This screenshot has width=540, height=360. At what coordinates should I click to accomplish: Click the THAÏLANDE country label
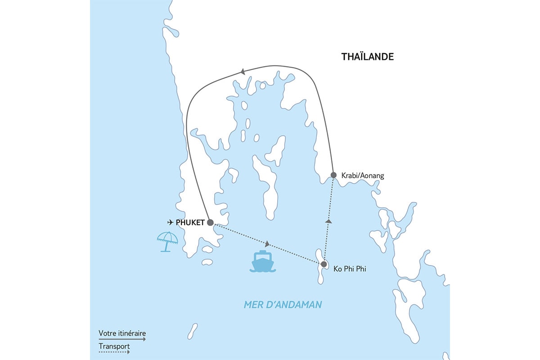368,57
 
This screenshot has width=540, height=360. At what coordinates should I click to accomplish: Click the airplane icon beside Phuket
170,222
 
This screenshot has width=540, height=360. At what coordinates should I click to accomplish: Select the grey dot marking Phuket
210,222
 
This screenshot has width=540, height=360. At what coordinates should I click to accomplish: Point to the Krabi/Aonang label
363,176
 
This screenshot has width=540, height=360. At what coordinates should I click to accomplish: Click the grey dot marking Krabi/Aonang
333,175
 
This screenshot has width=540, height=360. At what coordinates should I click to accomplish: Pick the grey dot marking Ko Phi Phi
324,264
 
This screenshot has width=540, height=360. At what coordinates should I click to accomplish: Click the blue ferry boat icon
262,261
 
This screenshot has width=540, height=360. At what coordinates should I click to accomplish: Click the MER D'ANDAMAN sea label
283,305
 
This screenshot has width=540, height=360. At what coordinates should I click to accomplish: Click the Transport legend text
114,346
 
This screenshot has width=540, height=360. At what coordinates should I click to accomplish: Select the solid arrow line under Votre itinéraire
122,340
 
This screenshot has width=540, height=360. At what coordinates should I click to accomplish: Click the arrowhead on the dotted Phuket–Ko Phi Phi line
268,244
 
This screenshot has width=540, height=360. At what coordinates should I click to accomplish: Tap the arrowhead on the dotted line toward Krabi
328,221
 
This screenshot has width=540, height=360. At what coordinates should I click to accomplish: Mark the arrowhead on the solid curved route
243,71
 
